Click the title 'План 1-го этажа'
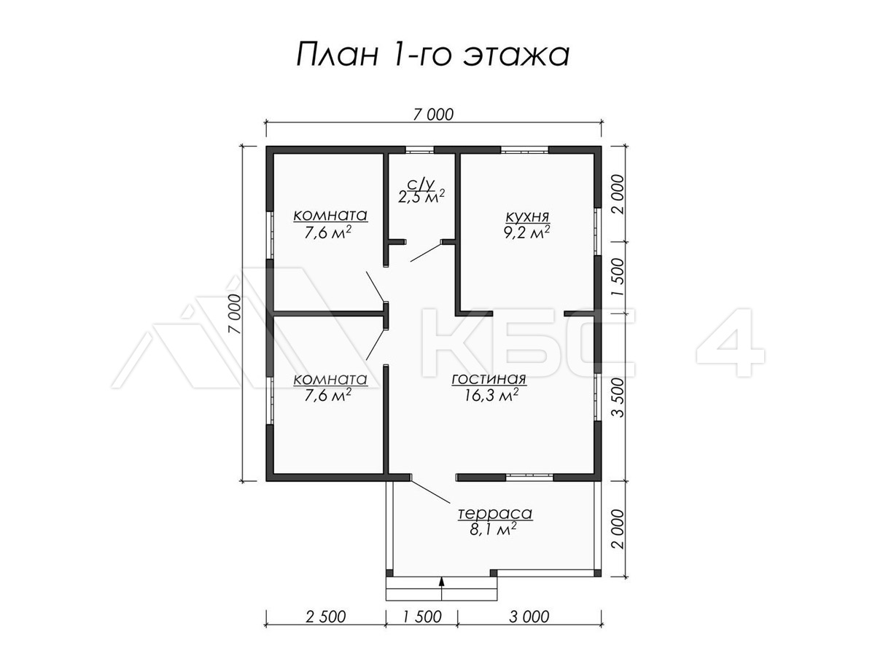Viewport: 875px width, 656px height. click(x=433, y=55)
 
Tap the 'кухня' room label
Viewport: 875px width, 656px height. click(x=527, y=217)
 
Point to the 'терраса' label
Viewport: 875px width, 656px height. click(x=494, y=513)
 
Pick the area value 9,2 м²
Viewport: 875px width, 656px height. click(x=527, y=233)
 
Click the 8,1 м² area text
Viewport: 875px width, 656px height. click(x=493, y=529)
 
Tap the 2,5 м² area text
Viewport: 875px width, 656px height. click(x=421, y=196)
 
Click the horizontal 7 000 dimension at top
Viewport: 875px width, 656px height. click(x=433, y=114)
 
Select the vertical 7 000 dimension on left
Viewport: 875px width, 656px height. click(x=236, y=314)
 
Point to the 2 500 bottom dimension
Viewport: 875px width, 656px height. click(x=326, y=617)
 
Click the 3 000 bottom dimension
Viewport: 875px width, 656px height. click(x=529, y=617)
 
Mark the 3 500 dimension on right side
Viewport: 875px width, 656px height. click(x=618, y=397)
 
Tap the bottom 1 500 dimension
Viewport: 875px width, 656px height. click(x=422, y=617)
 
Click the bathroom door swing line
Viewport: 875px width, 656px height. click(x=425, y=252)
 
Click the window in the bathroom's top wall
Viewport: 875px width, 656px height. click(x=419, y=150)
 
